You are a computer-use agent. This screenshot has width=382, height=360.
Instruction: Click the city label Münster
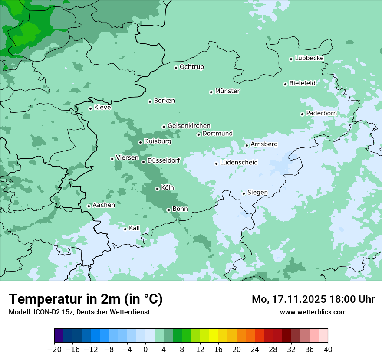[x=227, y=91]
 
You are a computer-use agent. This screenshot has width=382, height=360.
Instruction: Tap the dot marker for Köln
[x=157, y=189]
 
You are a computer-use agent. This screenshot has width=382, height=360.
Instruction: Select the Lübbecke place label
[x=309, y=58]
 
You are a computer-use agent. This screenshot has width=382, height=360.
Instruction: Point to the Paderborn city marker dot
[x=302, y=114]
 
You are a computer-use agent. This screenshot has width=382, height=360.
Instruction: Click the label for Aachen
[x=104, y=205]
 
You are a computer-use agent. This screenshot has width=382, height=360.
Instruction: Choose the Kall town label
[x=135, y=228]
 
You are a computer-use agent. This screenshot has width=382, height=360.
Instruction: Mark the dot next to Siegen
[x=244, y=193]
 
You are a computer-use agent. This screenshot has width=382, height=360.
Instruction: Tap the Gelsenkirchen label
[x=189, y=126]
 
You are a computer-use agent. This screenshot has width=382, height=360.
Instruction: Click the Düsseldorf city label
[x=164, y=160]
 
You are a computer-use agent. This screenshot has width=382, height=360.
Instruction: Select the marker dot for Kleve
[x=90, y=108]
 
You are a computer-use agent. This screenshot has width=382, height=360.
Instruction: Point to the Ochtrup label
[x=192, y=67]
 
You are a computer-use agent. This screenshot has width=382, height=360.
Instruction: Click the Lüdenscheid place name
[x=239, y=163]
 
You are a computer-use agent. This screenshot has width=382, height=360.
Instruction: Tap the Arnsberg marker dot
[x=247, y=145]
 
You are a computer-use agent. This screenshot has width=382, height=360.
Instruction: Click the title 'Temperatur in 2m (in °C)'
[x=86, y=299]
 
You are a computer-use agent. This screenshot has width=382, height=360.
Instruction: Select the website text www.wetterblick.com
[x=313, y=312]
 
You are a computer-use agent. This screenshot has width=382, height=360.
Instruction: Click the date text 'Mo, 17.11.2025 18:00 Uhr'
[x=313, y=299]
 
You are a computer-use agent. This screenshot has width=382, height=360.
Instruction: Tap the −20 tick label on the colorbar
[x=55, y=350]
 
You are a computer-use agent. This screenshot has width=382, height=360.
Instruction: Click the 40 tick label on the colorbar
[x=328, y=350]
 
